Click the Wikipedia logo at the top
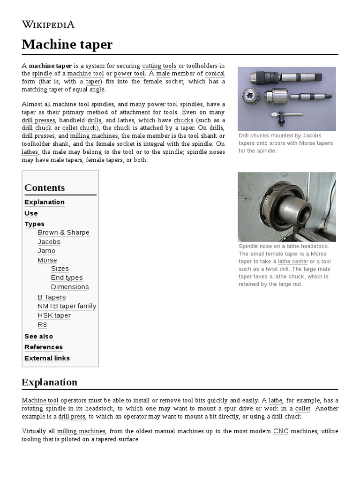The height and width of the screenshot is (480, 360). [48, 24]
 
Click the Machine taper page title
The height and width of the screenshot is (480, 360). [67, 45]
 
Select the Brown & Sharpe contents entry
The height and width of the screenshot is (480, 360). [63, 232]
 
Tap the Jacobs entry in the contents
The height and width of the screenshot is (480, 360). [49, 242]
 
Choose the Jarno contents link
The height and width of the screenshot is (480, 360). [46, 251]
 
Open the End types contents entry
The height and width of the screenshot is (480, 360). [67, 277]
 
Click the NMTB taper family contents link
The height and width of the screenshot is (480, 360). [67, 306]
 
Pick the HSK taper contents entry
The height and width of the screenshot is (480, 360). [54, 315]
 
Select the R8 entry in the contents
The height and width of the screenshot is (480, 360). [42, 325]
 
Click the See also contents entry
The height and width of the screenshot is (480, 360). [38, 337]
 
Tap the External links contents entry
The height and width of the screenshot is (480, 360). [47, 358]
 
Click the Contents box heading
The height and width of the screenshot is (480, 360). [45, 187]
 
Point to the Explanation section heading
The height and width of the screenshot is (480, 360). [49, 382]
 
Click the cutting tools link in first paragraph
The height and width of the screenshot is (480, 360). [159, 65]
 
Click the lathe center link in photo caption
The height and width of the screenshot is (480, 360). [293, 261]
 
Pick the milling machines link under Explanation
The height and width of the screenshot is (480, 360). [82, 431]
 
